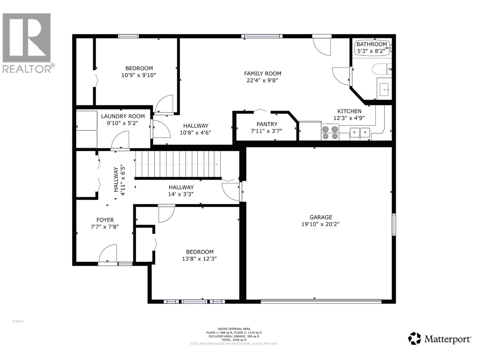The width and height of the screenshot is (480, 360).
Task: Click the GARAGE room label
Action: (321, 217)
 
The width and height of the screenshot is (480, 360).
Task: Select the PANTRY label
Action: (267, 124)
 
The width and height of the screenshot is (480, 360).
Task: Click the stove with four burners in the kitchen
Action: (330, 133)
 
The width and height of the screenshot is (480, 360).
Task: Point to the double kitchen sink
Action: (360, 132)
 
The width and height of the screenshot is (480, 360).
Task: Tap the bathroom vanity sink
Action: (384, 88)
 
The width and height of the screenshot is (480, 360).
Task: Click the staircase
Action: (178, 164)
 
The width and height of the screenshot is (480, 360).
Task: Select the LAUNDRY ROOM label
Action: (123, 116)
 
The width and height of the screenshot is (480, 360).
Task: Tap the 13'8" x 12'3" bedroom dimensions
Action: (199, 259)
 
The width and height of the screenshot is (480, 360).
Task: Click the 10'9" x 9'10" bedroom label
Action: (139, 68)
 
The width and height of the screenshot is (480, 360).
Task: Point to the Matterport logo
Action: (439, 339)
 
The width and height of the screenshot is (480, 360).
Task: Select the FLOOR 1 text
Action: (18, 322)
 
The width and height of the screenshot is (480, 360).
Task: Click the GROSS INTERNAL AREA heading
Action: (234, 329)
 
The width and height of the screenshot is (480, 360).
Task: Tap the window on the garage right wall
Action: (394, 224)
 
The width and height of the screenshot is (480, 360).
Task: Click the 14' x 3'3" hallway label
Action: (181, 190)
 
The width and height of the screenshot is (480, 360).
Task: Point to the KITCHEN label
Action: (349, 111)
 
